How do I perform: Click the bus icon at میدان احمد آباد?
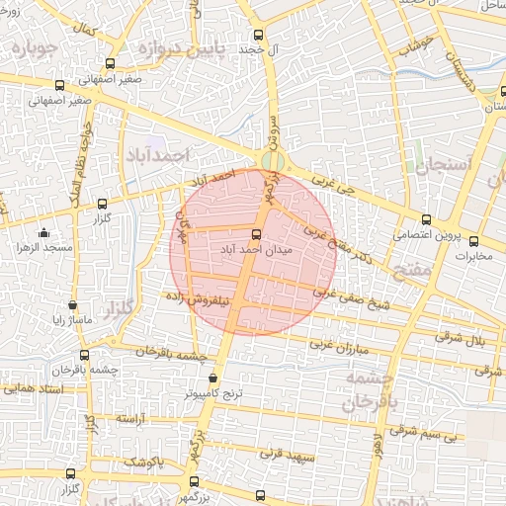257,235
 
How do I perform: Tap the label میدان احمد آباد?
255,252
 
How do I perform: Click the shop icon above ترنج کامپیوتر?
213,378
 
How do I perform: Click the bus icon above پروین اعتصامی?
426,219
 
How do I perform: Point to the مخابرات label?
473,257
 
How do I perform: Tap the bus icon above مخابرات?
473,241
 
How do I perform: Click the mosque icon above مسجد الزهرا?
43,233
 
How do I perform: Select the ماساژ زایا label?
71,320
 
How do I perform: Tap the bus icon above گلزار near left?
103,203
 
